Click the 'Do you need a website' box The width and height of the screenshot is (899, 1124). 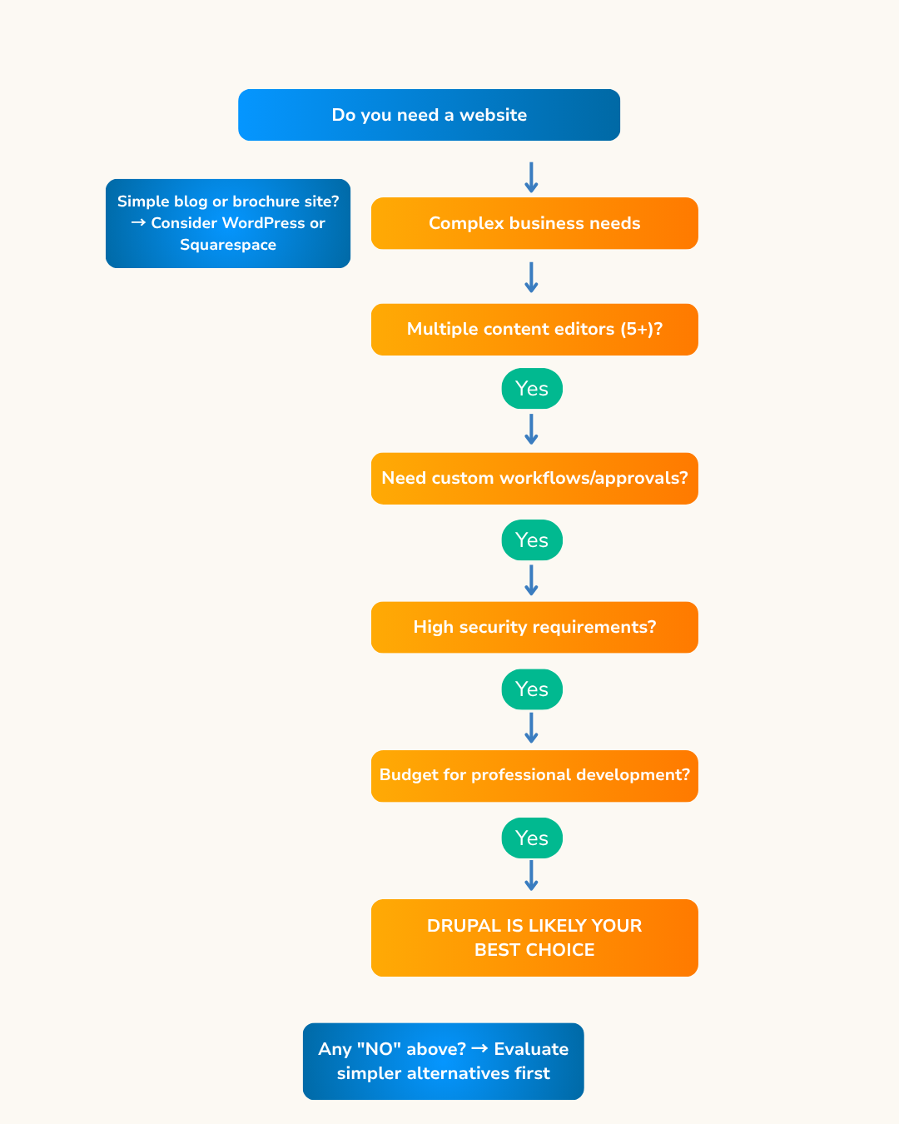click(429, 115)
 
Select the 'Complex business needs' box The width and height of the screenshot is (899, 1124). click(534, 223)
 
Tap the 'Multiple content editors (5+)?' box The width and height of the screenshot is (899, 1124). click(534, 330)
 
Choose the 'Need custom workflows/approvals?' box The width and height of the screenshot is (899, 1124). click(534, 479)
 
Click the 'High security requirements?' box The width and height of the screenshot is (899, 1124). click(534, 627)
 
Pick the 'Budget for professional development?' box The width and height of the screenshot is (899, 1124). click(534, 776)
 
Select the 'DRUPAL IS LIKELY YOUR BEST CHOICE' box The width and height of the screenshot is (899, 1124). click(534, 937)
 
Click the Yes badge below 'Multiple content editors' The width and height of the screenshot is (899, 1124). click(532, 389)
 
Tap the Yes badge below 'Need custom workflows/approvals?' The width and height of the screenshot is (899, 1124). click(532, 540)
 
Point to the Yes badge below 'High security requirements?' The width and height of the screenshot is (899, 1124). click(532, 689)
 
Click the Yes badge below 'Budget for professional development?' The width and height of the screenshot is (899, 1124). click(532, 838)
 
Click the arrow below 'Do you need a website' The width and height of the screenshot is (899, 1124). click(531, 177)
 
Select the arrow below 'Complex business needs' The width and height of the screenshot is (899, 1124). click(531, 277)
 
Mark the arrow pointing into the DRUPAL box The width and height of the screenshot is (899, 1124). click(531, 875)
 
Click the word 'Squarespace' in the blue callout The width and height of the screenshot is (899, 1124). click(228, 245)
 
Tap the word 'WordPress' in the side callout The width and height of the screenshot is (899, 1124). click(263, 223)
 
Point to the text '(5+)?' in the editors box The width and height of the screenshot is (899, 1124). click(641, 329)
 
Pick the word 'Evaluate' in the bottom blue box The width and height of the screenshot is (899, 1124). click(531, 1049)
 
